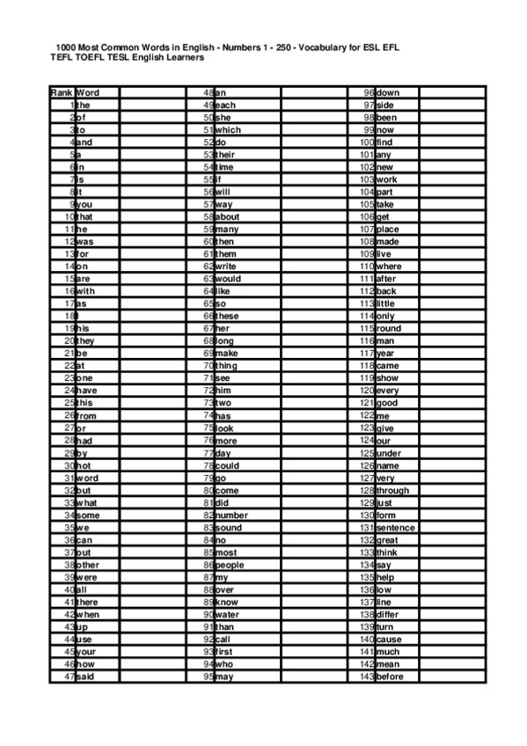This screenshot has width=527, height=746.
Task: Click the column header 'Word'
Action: click(x=87, y=92)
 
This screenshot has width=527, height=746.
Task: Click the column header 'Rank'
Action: click(x=62, y=92)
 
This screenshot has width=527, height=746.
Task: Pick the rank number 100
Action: click(x=367, y=143)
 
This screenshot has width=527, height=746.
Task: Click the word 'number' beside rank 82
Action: click(x=231, y=516)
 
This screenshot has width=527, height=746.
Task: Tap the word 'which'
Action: click(x=228, y=130)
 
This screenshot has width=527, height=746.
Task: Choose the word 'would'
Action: click(x=228, y=279)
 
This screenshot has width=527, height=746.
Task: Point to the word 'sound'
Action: click(x=229, y=528)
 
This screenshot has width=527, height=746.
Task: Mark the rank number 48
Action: click(x=209, y=92)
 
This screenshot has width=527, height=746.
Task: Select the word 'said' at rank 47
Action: click(x=85, y=677)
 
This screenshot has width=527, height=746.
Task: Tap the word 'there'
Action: click(x=87, y=602)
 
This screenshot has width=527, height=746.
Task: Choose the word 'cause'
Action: click(x=389, y=640)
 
